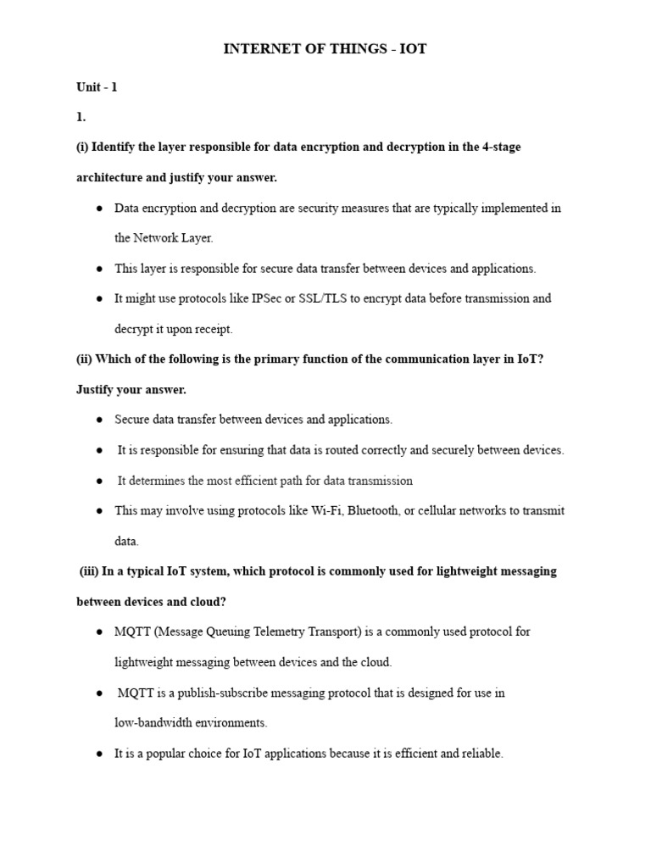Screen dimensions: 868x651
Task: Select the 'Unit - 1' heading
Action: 97,87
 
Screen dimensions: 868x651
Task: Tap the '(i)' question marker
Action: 82,147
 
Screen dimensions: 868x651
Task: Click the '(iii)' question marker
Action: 89,571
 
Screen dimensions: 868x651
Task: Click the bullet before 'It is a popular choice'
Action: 99,754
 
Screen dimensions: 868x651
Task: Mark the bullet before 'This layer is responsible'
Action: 99,269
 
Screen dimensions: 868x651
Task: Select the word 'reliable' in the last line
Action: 482,754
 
